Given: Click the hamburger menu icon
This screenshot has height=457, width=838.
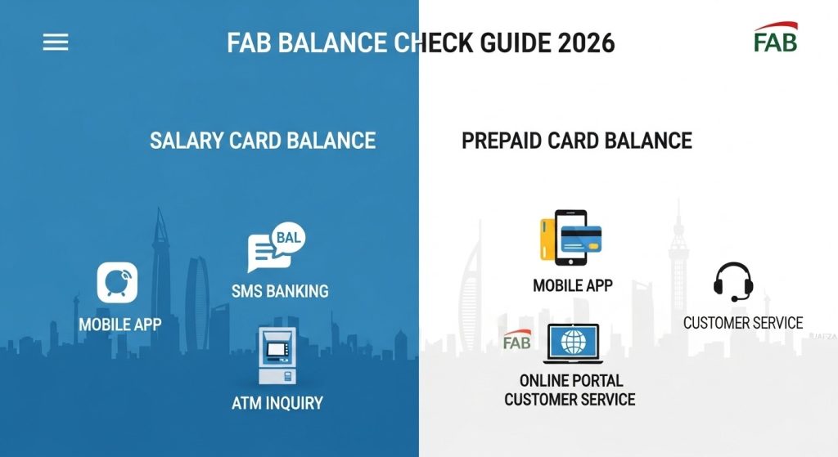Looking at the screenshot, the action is point(56,43).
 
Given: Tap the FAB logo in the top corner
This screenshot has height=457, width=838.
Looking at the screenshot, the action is point(776,37).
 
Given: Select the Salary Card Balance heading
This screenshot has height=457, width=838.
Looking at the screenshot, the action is point(263,141).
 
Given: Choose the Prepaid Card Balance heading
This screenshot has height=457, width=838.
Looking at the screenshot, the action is point(577,141).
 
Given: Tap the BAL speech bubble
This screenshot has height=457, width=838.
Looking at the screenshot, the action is point(289,237).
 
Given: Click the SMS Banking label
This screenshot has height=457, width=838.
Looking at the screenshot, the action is point(280,291).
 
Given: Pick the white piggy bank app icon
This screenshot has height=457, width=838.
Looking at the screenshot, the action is point(117,282).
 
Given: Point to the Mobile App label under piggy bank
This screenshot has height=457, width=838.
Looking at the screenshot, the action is point(120,324).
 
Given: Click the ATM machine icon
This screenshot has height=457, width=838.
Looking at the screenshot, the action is point(277,356).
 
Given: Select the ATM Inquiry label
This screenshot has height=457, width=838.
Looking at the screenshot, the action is point(277,402).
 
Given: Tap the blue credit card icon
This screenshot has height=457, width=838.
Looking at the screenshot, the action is point(582,239).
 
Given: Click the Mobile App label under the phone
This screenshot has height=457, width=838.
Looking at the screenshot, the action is point(573,285).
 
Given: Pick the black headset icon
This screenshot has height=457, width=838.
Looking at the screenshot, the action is point(733,281).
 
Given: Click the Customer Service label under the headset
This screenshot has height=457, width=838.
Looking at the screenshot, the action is point(743,323).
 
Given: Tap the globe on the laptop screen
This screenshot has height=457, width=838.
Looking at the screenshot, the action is point(573,343).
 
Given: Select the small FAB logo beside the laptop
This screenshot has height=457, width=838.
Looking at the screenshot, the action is point(517,340).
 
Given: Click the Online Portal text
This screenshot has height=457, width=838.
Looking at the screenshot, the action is point(571,381).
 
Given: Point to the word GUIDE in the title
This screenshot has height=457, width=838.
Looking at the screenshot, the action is point(513,43).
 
